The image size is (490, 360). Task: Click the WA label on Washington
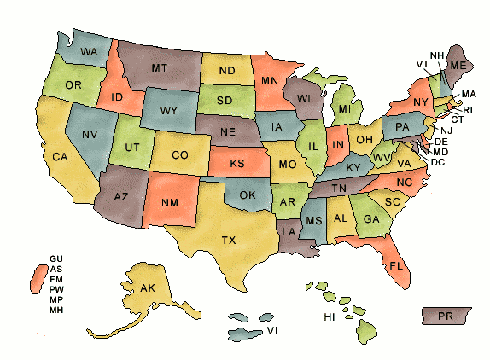tap(89, 52)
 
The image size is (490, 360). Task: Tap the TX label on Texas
tap(229, 241)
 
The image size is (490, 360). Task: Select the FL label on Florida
tap(395, 265)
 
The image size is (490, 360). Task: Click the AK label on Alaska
tap(147, 288)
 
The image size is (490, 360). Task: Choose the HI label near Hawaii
tap(329, 317)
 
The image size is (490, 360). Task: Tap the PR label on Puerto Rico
tap(444, 316)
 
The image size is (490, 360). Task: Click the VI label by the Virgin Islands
tap(271, 329)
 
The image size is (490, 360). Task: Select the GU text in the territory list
tap(56, 258)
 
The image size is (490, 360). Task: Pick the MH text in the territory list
tap(56, 310)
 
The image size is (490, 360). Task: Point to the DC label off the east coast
tap(438, 161)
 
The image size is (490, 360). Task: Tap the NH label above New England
tap(436, 56)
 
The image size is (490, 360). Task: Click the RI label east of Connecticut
tap(467, 110)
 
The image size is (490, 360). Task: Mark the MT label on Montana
tap(159, 67)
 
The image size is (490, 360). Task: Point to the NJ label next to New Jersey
tap(446, 131)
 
